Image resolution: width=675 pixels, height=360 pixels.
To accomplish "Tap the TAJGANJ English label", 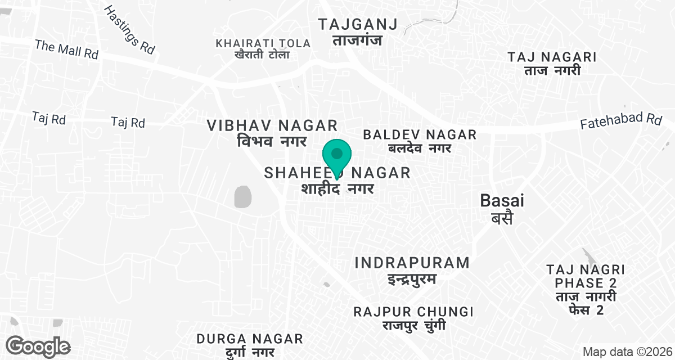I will click(357, 24).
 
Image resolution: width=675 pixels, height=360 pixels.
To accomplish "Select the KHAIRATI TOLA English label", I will click(263, 43).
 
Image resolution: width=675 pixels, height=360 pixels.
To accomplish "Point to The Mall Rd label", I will click(66, 49).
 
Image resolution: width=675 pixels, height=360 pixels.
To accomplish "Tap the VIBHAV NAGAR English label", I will click(272, 125).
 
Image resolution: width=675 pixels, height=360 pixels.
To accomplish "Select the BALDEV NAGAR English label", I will click(420, 134).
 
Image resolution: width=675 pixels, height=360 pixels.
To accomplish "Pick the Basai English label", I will click(494, 200).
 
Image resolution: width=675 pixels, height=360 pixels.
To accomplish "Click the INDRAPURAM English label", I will click(412, 263).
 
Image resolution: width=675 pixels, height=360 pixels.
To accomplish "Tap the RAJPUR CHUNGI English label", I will click(413, 312).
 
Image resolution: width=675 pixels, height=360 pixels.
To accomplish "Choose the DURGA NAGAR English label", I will click(250, 339).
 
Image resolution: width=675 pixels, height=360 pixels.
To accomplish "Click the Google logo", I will click(39, 345).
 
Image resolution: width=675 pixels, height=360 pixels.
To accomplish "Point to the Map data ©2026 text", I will click(627, 352).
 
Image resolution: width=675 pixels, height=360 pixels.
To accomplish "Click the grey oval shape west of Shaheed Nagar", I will click(242, 197).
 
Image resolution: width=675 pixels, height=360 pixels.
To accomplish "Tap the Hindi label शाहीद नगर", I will click(337, 188).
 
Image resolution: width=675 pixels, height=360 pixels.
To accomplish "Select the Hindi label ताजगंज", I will click(357, 40).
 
